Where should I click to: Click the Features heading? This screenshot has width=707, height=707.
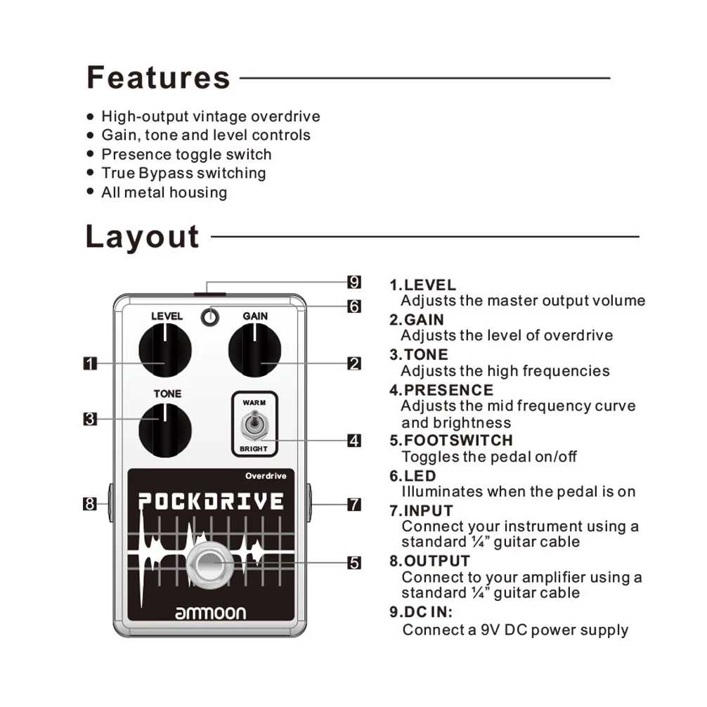(x=158, y=77)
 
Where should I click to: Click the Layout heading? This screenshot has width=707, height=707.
(x=142, y=236)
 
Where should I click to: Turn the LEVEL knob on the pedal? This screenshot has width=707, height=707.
(x=165, y=351)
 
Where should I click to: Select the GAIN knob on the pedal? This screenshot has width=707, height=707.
(x=254, y=351)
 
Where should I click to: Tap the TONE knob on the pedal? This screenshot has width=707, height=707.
(x=165, y=430)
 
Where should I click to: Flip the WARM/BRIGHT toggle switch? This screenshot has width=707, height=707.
(x=254, y=425)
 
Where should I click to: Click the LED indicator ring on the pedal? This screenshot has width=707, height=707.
(x=209, y=318)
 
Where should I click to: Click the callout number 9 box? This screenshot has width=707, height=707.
(x=354, y=282)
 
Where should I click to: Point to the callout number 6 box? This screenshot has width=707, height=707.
(x=354, y=306)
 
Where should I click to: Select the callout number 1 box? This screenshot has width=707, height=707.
(x=90, y=363)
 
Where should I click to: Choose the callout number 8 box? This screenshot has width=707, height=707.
(x=90, y=503)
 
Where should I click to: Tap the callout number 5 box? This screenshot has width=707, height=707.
(x=354, y=563)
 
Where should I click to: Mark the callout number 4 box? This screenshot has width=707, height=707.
(x=354, y=441)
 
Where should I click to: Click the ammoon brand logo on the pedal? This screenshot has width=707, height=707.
(x=211, y=613)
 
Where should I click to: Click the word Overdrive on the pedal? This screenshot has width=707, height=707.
(x=266, y=476)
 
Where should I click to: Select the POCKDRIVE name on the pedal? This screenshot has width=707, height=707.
(x=211, y=501)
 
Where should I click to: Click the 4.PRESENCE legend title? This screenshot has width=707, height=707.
(x=441, y=389)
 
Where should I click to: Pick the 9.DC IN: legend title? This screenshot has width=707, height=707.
(x=421, y=612)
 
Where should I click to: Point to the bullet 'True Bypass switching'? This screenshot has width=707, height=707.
(x=183, y=173)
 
